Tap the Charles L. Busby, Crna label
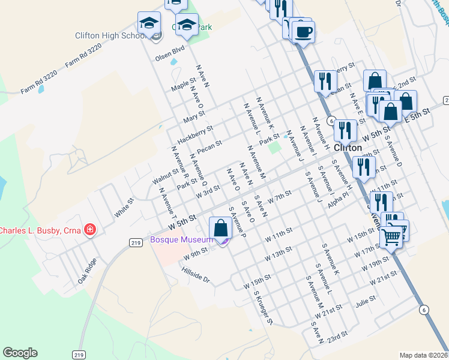pos(40,230)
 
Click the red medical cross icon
pos(90,229)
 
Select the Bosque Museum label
pos(181,239)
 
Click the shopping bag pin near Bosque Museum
pos(221,229)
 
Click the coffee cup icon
pos(304,31)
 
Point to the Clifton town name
pos(348,147)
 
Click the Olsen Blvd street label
pos(169,55)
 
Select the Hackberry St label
pos(196,133)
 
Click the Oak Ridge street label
pos(87,271)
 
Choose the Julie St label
pos(365,303)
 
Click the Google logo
pos(20,353)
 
